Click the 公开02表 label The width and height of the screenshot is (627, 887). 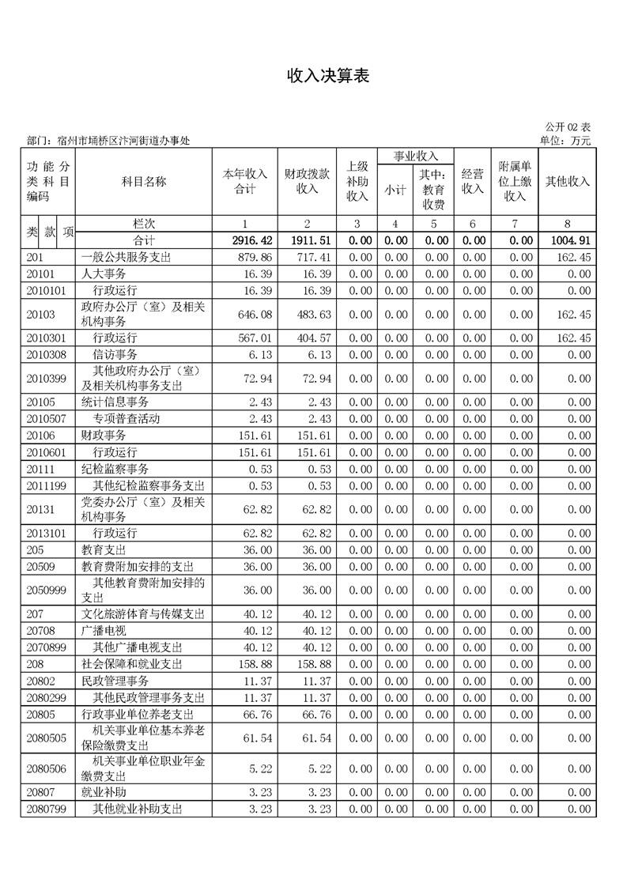tap(568, 127)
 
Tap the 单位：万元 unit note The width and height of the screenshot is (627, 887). tap(565, 141)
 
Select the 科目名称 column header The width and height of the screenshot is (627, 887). tap(144, 181)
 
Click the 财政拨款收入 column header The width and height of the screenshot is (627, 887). tap(307, 181)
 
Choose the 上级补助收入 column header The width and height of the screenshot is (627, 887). tap(357, 181)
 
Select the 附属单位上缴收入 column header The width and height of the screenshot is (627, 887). tap(515, 181)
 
